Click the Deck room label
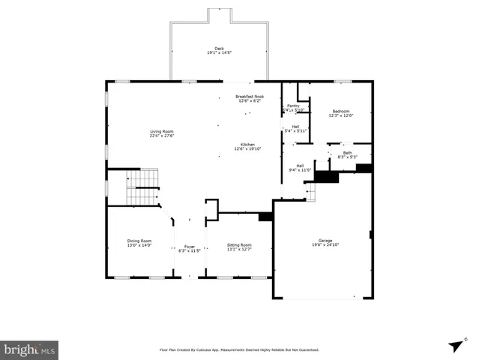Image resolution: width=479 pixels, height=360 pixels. [218, 49]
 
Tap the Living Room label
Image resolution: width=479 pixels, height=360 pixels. [161, 131]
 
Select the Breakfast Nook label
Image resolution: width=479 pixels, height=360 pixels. [249, 96]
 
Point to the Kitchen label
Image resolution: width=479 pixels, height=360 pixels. [247, 144]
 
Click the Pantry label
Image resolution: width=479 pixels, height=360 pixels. [292, 106]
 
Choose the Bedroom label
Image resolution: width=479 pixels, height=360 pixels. [341, 111]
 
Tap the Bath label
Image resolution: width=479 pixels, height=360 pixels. [347, 153]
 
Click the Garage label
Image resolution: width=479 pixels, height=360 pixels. [325, 241]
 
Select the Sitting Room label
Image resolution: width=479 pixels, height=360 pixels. [240, 245]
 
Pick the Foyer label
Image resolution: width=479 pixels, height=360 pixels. [190, 246]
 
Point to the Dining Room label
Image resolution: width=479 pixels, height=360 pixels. [139, 241]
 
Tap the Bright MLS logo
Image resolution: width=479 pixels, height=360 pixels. [29, 350]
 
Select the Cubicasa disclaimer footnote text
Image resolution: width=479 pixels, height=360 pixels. [239, 349]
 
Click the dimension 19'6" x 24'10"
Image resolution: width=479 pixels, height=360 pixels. [325, 245]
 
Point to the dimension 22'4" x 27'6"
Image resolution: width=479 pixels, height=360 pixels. [161, 136]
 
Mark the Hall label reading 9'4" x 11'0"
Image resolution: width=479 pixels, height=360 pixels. [300, 168]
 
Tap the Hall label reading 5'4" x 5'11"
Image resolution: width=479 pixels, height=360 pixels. [295, 128]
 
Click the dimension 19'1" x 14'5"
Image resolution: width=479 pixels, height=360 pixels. [218, 53]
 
